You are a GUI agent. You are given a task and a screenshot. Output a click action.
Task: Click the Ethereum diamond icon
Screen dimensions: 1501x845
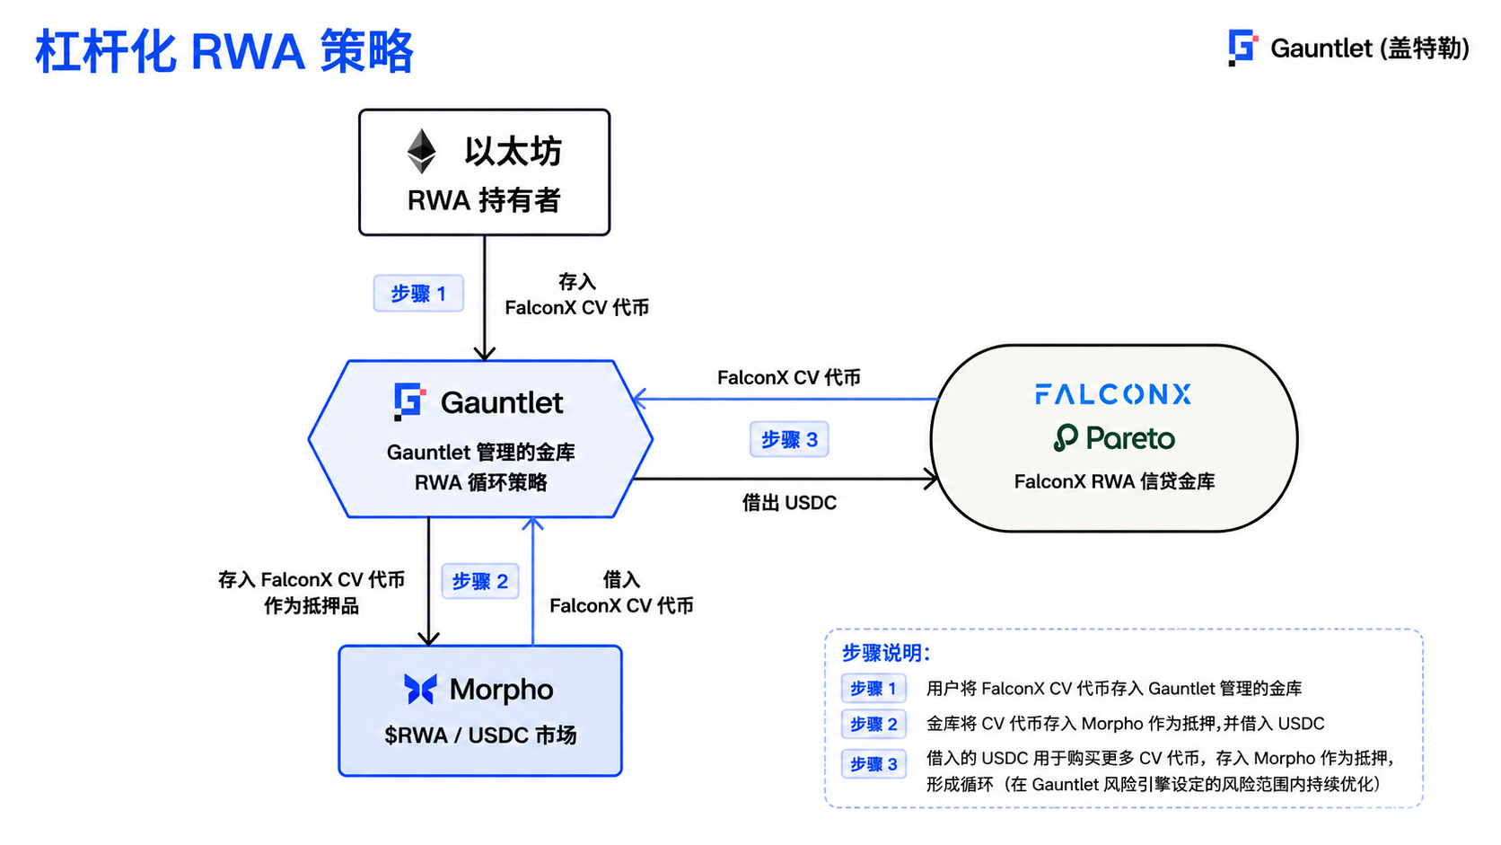(x=422, y=151)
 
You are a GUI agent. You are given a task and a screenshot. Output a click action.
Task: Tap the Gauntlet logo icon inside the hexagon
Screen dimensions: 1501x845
(x=409, y=401)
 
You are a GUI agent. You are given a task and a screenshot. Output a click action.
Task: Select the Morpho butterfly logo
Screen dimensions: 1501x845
(x=421, y=689)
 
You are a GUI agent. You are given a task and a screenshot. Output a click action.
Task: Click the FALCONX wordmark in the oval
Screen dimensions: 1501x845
(x=1113, y=394)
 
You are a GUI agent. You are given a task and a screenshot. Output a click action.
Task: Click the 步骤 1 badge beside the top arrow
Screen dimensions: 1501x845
(x=418, y=294)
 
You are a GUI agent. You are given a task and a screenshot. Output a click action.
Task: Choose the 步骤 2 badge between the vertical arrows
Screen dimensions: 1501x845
(x=479, y=581)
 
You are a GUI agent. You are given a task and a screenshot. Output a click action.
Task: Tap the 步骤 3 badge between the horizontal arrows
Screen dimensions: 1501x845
(x=789, y=440)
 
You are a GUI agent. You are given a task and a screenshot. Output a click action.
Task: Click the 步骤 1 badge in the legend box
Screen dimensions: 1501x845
(x=873, y=688)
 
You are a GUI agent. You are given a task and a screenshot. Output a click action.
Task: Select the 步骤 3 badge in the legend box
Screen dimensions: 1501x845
(x=873, y=764)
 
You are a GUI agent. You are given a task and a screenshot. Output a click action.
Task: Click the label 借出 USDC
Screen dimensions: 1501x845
(x=789, y=503)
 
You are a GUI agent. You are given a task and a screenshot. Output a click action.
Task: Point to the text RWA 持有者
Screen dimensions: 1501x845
(x=484, y=200)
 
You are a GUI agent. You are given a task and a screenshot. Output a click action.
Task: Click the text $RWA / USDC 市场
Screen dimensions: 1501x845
(x=480, y=735)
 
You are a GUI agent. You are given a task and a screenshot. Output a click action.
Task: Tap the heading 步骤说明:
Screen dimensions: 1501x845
(x=886, y=653)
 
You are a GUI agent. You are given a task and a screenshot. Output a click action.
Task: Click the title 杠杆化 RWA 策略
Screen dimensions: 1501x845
(x=224, y=51)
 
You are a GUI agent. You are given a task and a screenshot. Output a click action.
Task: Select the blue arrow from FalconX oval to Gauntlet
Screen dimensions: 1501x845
(x=786, y=400)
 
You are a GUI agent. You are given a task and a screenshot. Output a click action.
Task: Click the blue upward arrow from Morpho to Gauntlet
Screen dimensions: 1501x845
(x=532, y=581)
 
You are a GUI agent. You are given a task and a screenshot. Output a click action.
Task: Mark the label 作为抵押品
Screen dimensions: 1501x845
(x=311, y=606)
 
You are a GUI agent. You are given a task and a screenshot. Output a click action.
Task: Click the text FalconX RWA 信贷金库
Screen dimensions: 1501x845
(x=1114, y=482)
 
